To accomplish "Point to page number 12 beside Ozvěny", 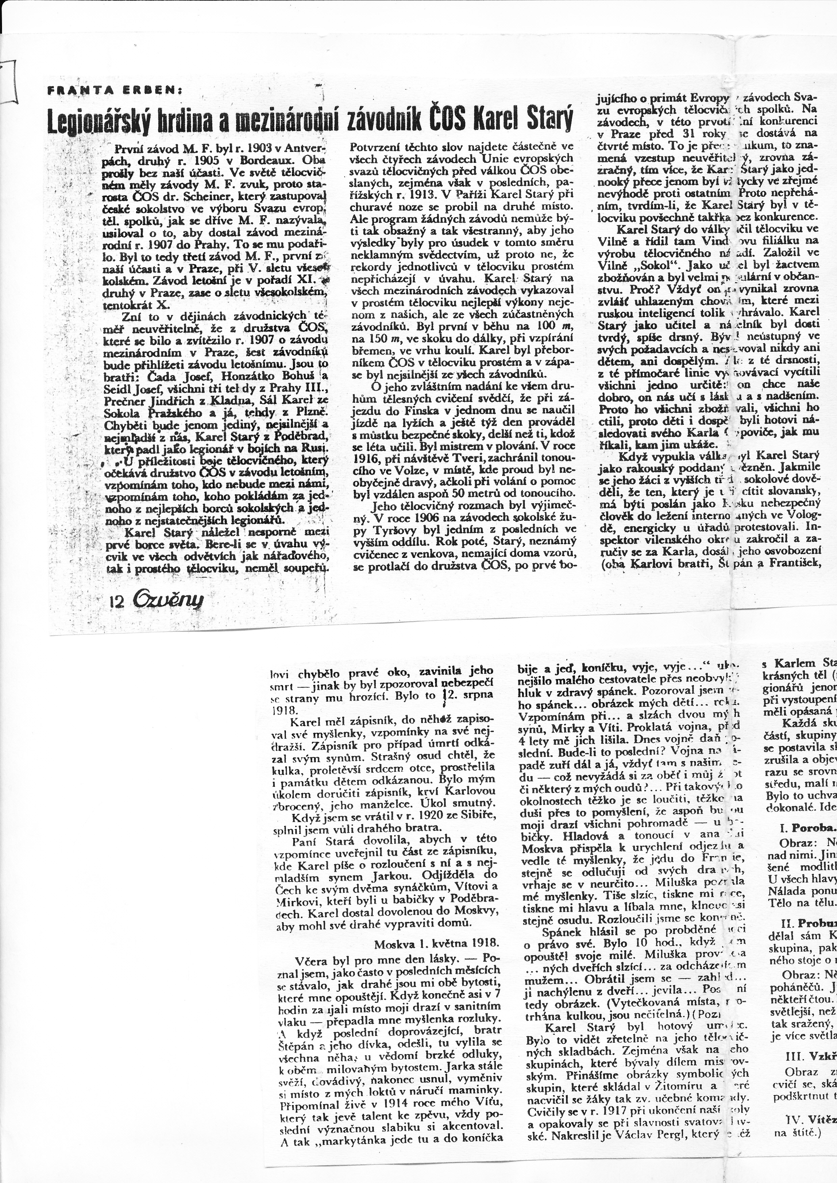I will click(117, 602).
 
